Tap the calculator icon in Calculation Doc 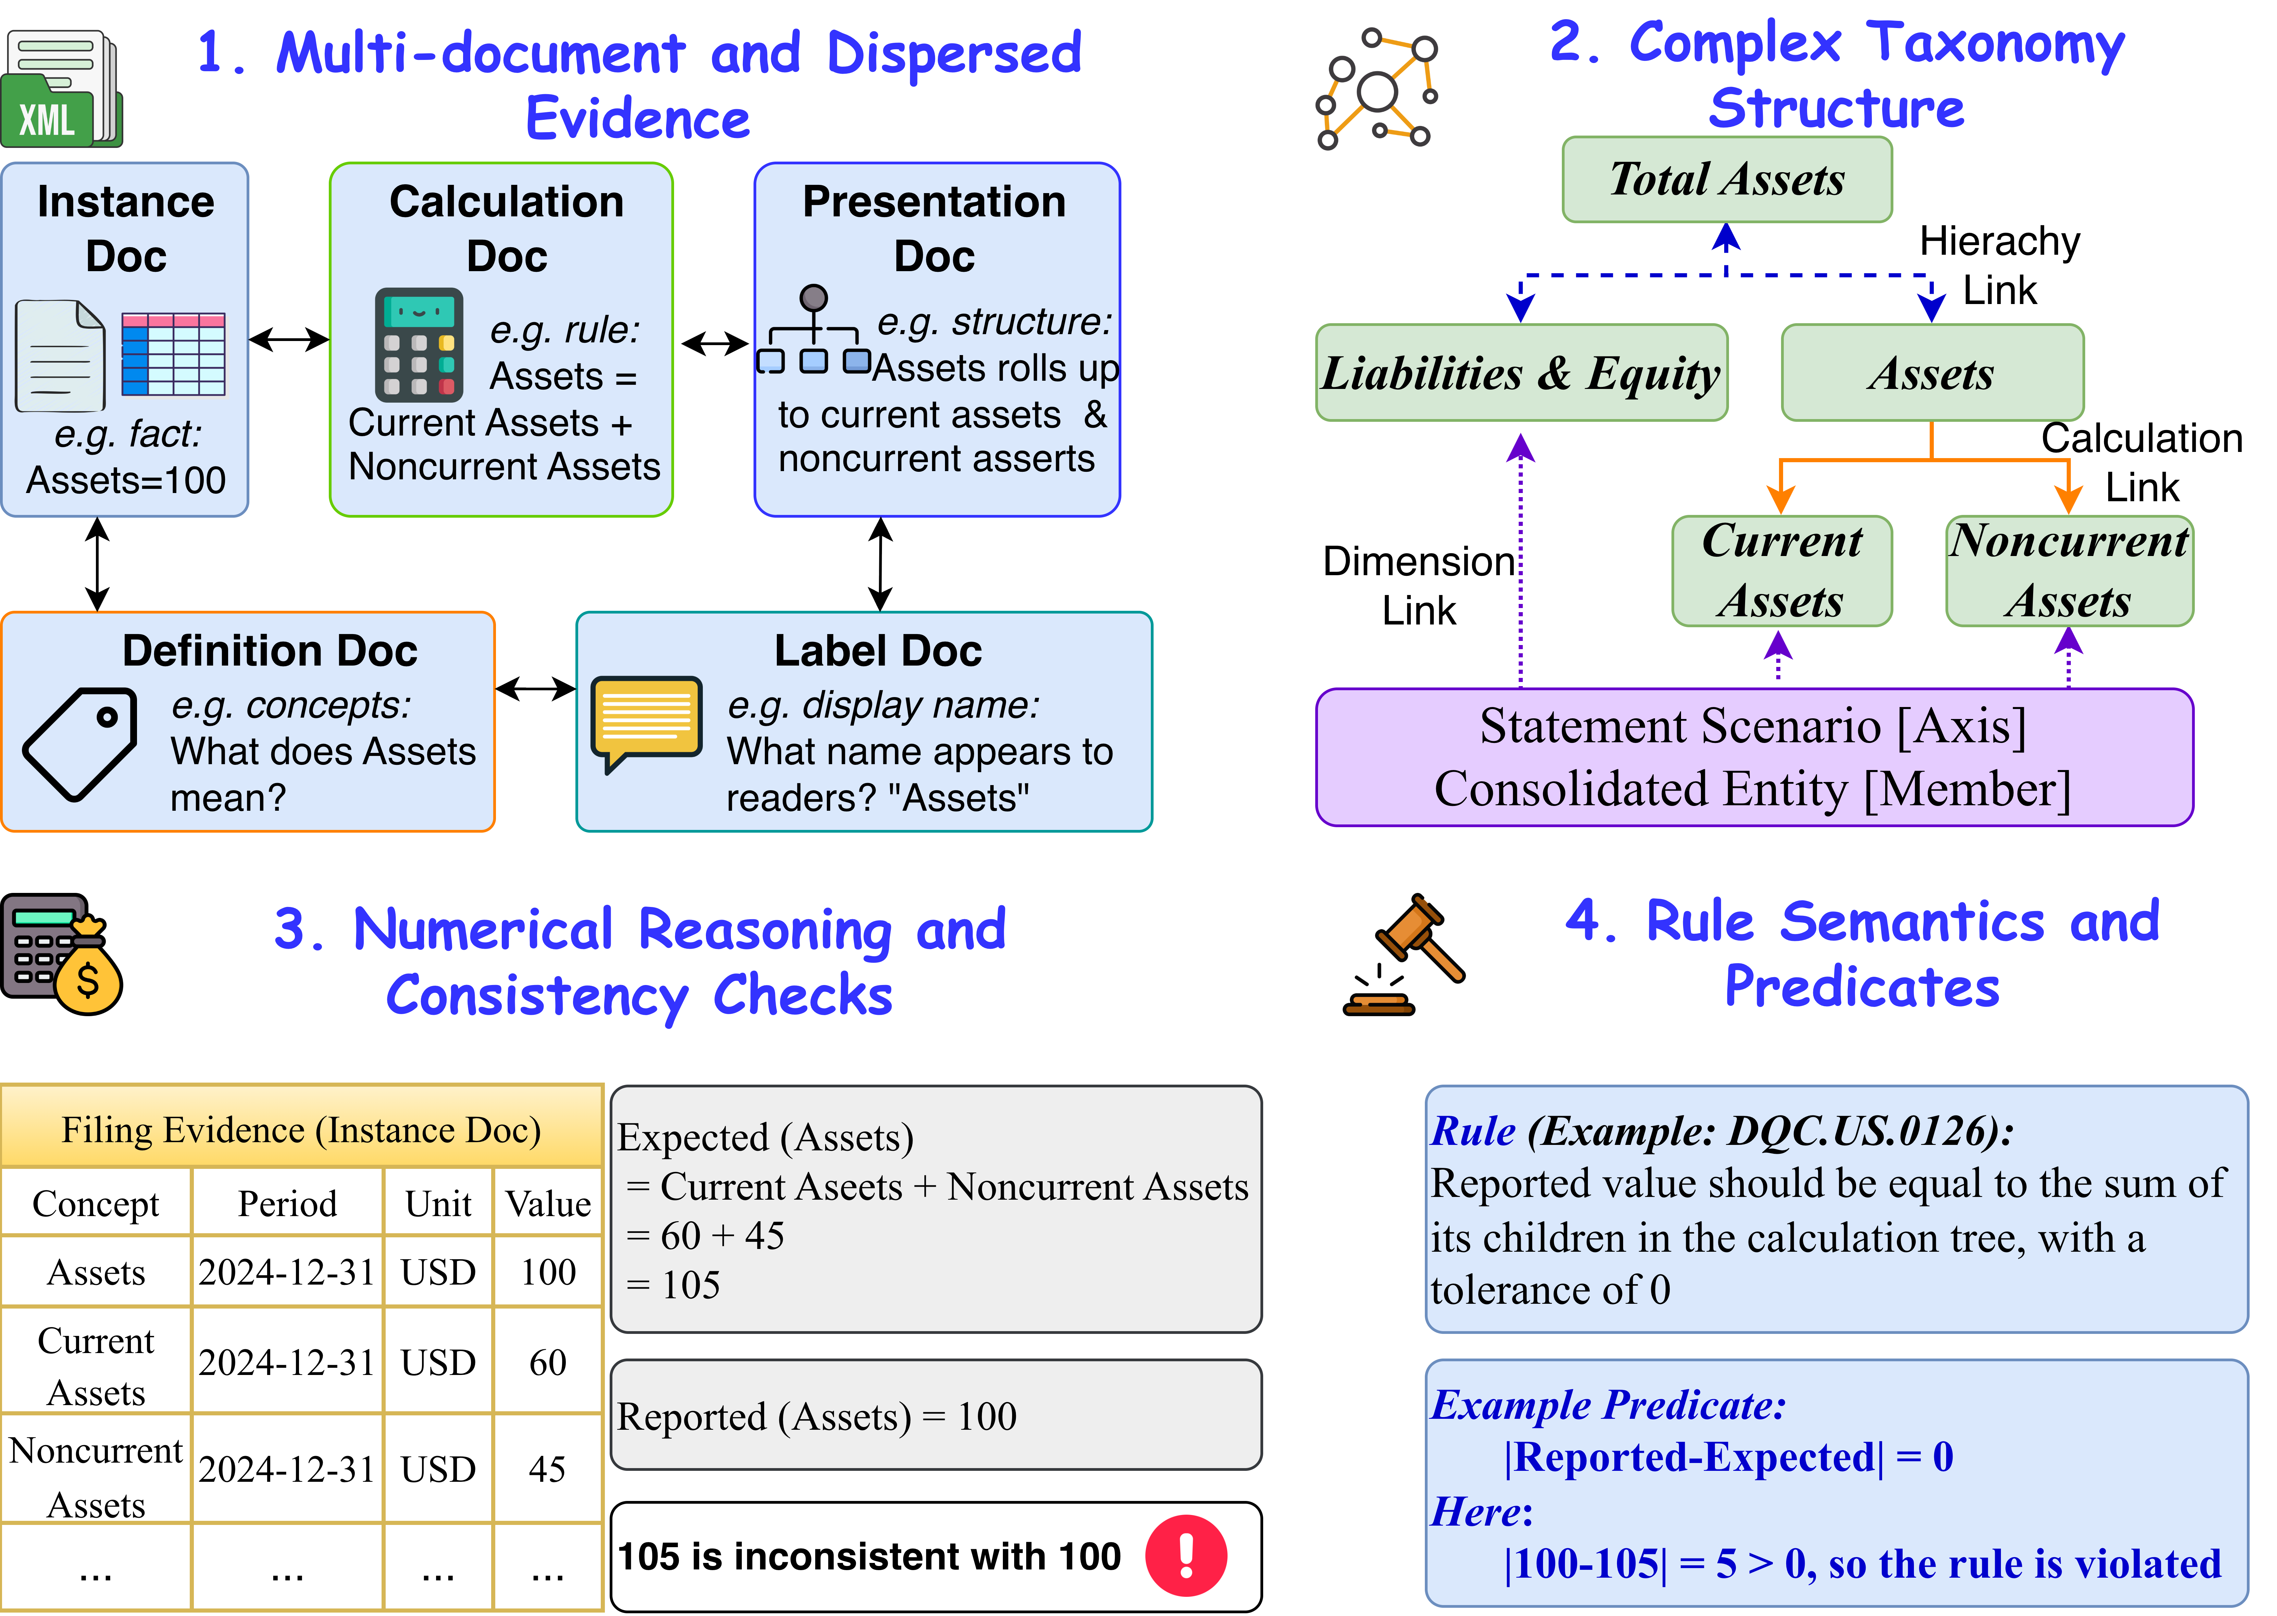pos(419,344)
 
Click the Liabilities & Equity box pos(1522,373)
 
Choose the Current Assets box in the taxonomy pos(1781,571)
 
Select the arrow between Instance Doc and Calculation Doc pos(289,340)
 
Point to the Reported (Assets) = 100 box pos(935,1415)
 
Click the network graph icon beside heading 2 pos(1377,89)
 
